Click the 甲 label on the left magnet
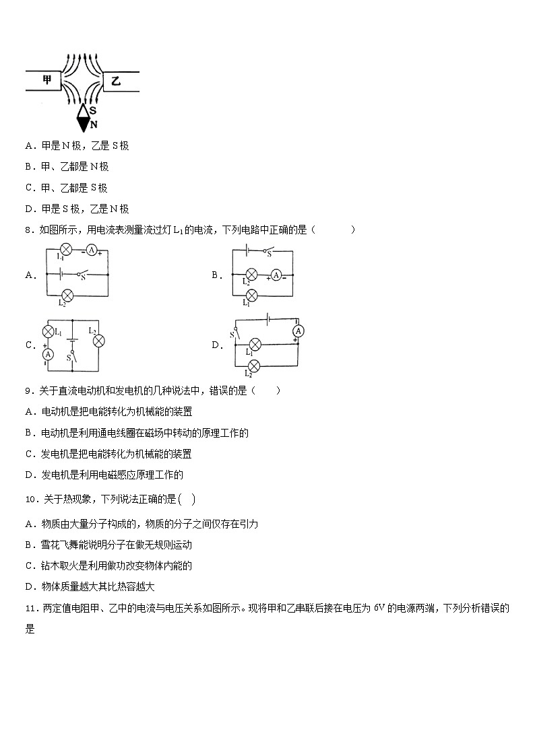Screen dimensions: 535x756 (46, 80)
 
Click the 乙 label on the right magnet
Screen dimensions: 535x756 (116, 81)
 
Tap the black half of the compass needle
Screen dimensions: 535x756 (84, 124)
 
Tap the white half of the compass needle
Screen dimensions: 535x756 (84, 110)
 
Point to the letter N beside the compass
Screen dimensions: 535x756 (94, 125)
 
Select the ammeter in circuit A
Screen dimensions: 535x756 (91, 251)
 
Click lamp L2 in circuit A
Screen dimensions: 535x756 (67, 295)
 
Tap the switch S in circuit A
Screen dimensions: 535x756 (82, 274)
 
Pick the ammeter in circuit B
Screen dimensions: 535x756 (276, 274)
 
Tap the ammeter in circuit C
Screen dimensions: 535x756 (48, 354)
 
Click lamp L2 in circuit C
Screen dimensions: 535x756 (98, 341)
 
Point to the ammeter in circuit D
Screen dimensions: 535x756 (298, 331)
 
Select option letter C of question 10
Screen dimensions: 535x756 (29, 566)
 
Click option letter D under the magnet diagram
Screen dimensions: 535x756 (29, 209)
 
